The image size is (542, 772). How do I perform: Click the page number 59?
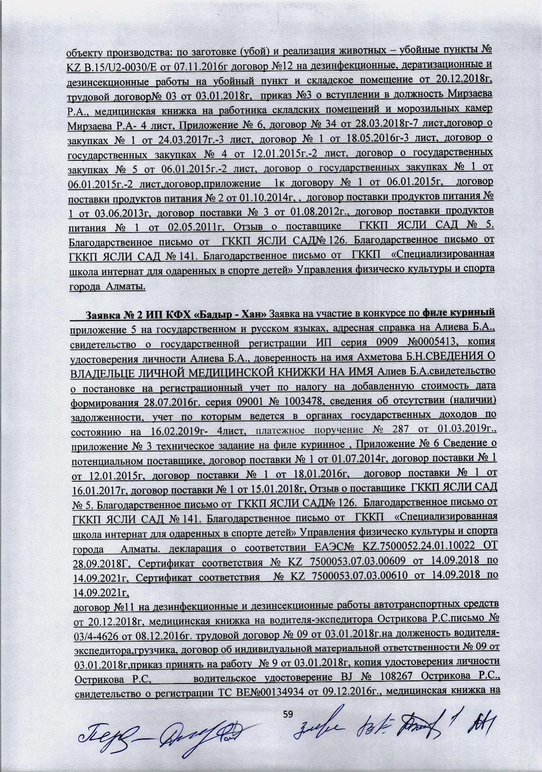coord(287,714)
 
